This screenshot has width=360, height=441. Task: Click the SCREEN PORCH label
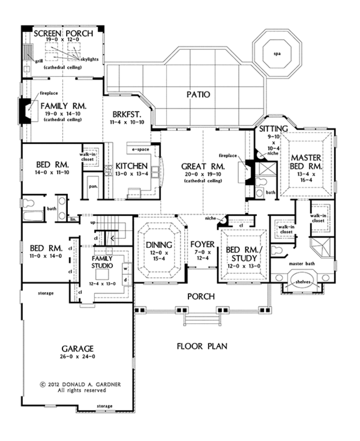pyautogui.click(x=63, y=34)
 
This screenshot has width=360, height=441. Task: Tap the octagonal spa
pyautogui.click(x=277, y=53)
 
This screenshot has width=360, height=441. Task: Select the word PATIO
pyautogui.click(x=197, y=94)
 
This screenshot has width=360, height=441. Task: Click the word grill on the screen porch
pyautogui.click(x=38, y=60)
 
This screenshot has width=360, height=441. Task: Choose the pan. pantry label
pyautogui.click(x=93, y=187)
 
